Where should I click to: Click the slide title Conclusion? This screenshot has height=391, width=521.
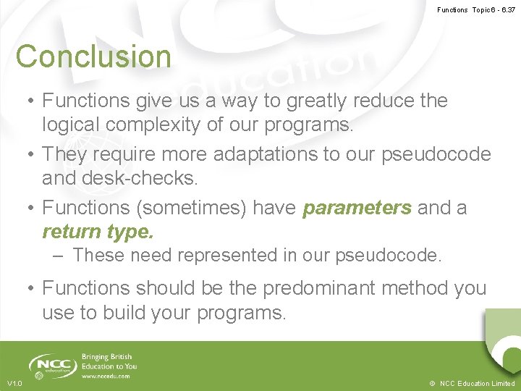tap(93, 56)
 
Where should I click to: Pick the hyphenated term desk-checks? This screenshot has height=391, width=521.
tap(151, 178)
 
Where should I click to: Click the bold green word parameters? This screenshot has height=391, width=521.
tap(357, 208)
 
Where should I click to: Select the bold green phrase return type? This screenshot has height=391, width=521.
tap(98, 232)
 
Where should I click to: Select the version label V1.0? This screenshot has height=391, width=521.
tap(14, 383)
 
